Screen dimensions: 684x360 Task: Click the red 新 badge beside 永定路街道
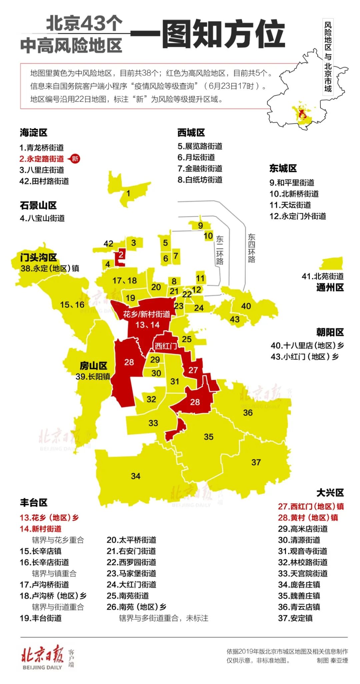click(x=75, y=159)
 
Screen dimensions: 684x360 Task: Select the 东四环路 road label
click(x=251, y=248)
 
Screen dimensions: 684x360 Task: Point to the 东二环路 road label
click(x=220, y=250)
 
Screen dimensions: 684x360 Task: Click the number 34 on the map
click(x=136, y=476)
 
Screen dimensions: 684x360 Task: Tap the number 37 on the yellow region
click(x=256, y=462)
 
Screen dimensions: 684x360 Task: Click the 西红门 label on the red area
click(x=166, y=346)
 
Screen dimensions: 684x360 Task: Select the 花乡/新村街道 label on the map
click(x=147, y=314)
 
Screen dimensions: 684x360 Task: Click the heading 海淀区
click(x=33, y=133)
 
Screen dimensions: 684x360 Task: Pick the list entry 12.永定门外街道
click(x=297, y=216)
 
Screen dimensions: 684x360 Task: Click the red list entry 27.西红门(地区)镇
click(x=311, y=506)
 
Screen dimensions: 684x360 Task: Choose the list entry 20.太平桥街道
click(x=131, y=540)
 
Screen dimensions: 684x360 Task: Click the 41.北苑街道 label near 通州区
click(x=322, y=276)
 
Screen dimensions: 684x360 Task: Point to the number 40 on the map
click(x=246, y=306)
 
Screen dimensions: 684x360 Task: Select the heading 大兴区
click(x=330, y=492)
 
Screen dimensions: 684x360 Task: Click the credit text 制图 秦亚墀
click(x=332, y=660)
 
